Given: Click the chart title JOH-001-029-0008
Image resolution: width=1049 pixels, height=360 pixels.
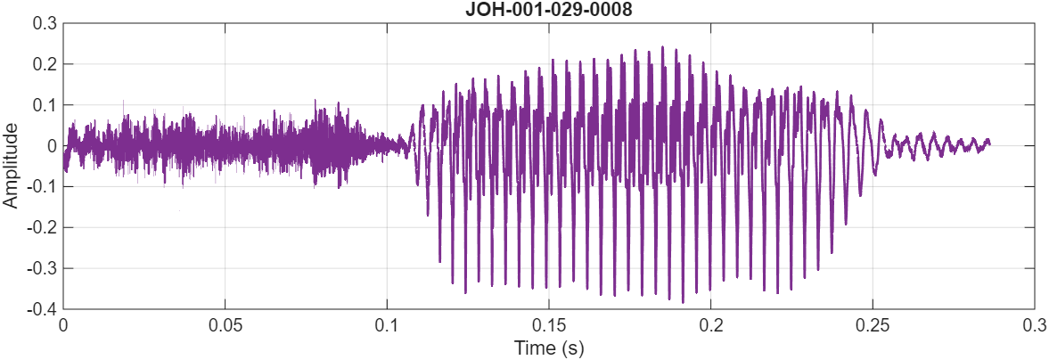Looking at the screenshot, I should (x=548, y=10).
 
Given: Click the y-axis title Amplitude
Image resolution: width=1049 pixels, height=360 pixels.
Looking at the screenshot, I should (x=12, y=166).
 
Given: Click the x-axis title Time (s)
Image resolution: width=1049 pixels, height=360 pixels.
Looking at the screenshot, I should (x=548, y=348).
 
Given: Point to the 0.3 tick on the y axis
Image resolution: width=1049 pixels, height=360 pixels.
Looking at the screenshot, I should (x=45, y=23).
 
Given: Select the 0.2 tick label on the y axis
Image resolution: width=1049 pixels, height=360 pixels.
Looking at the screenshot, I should (x=45, y=64).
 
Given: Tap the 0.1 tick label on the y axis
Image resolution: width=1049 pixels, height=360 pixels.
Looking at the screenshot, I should (x=45, y=105).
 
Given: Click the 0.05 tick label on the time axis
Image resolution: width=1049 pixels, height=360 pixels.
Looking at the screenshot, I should (x=225, y=325).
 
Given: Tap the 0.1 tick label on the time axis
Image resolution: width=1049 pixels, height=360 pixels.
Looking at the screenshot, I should (x=387, y=325).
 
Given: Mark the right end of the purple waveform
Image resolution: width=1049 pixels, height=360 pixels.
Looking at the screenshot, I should (x=989, y=143).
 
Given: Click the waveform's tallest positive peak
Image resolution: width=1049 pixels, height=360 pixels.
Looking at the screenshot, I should (x=662, y=47).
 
